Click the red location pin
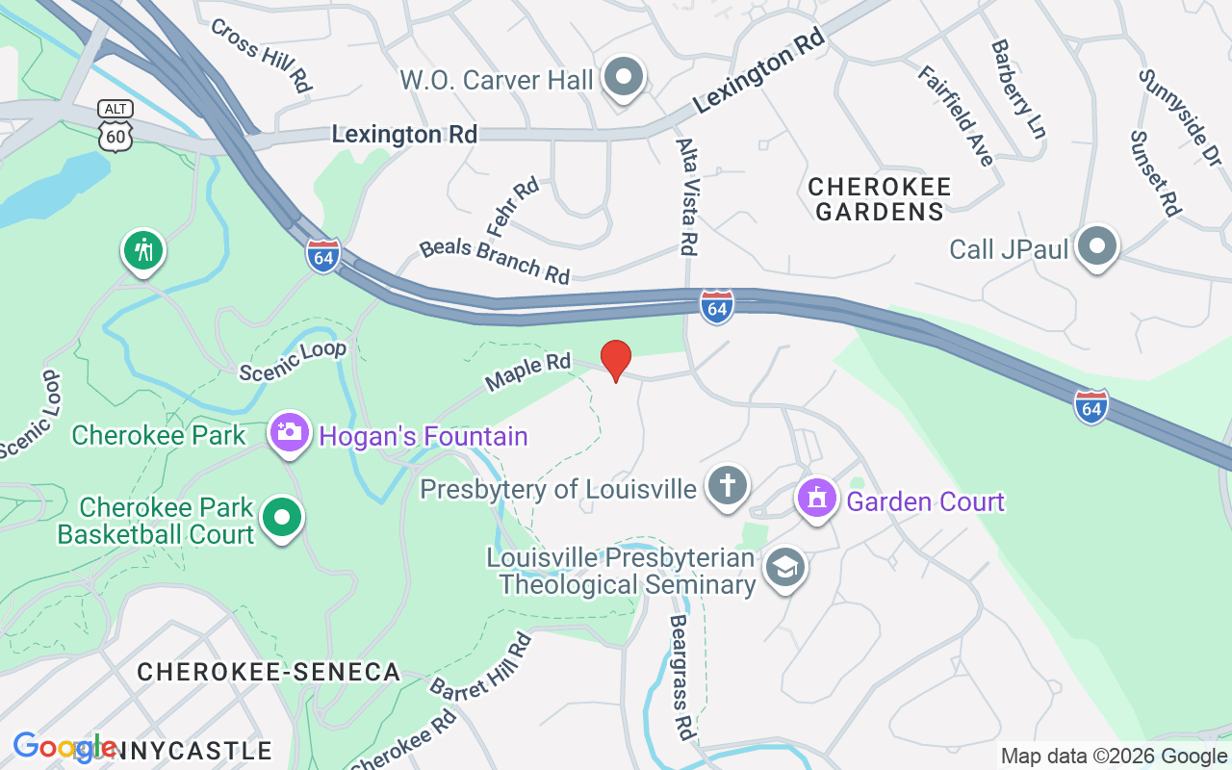pos(616,360)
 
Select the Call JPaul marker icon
pos(1096,247)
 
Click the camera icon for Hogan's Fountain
pos(289,433)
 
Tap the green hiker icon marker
pos(143,251)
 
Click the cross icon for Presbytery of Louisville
pos(727,486)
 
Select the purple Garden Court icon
pos(816,500)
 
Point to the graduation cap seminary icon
pos(785,569)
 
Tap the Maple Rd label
pos(527,371)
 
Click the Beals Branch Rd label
pos(495,260)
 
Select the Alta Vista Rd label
pos(686,196)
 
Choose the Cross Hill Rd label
pos(261,55)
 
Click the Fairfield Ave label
pos(955,115)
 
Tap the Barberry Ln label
pos(1017,89)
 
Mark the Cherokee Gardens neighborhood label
pos(879,198)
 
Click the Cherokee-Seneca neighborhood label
pos(269,672)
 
